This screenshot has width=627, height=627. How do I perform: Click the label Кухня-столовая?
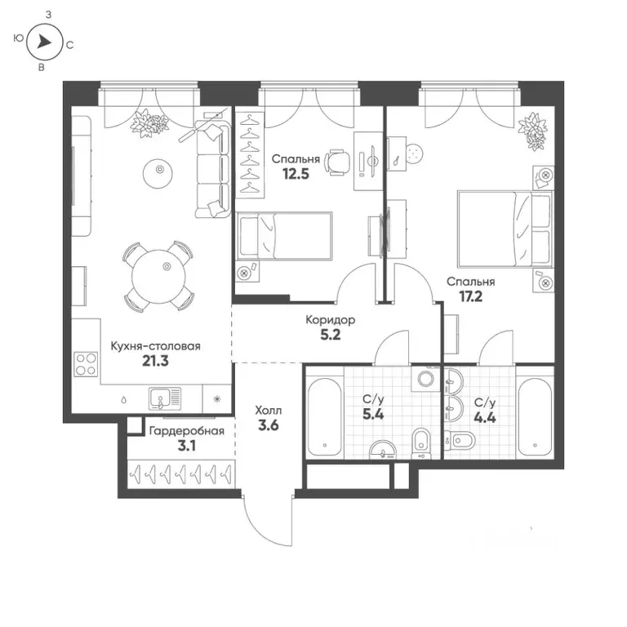point(155,346)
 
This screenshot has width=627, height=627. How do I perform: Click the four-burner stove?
point(85,362)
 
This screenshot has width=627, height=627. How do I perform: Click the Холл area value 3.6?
point(268,425)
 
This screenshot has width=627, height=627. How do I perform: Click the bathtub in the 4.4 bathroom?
point(536,416)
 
